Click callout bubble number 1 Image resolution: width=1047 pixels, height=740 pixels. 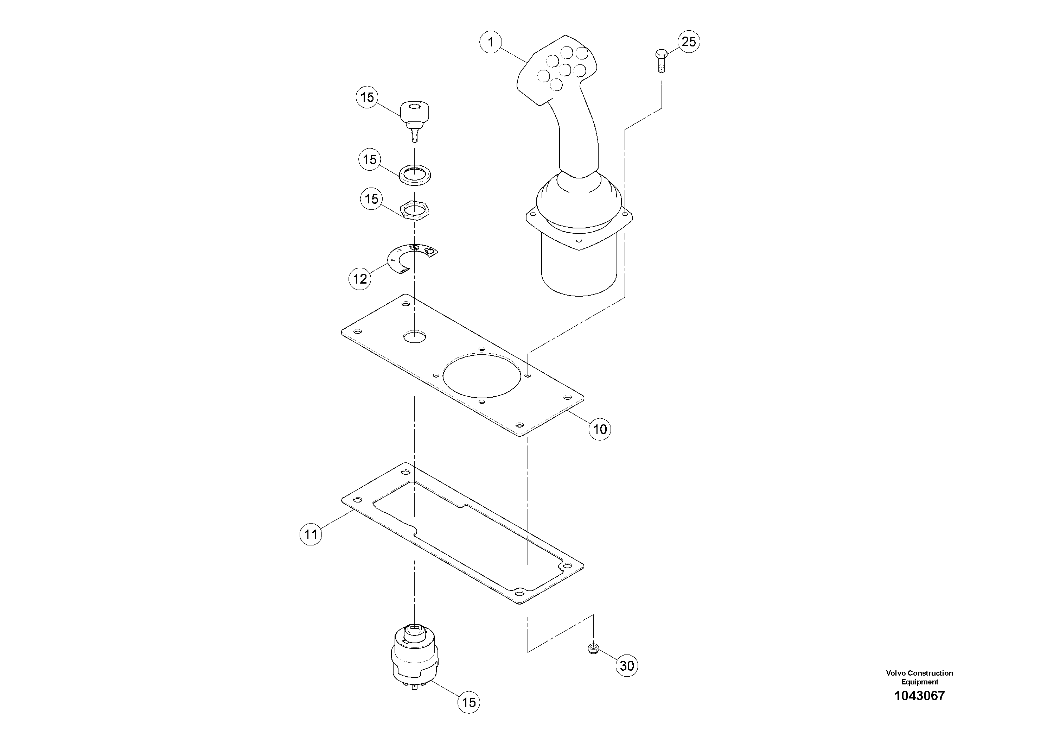(x=491, y=43)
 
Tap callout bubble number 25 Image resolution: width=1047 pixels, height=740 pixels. (x=689, y=42)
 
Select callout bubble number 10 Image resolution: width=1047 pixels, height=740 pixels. (x=600, y=429)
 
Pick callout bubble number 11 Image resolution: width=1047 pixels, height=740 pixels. (x=311, y=534)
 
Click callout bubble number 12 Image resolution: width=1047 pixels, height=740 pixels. (x=360, y=279)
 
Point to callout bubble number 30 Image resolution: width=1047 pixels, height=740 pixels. (x=627, y=666)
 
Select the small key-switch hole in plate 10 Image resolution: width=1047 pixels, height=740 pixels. (x=415, y=337)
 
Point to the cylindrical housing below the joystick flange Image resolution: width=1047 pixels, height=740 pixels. (x=579, y=269)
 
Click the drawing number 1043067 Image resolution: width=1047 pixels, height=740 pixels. (x=919, y=696)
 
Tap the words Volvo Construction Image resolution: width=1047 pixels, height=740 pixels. (x=919, y=673)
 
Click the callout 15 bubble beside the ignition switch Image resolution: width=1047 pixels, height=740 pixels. (x=469, y=702)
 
